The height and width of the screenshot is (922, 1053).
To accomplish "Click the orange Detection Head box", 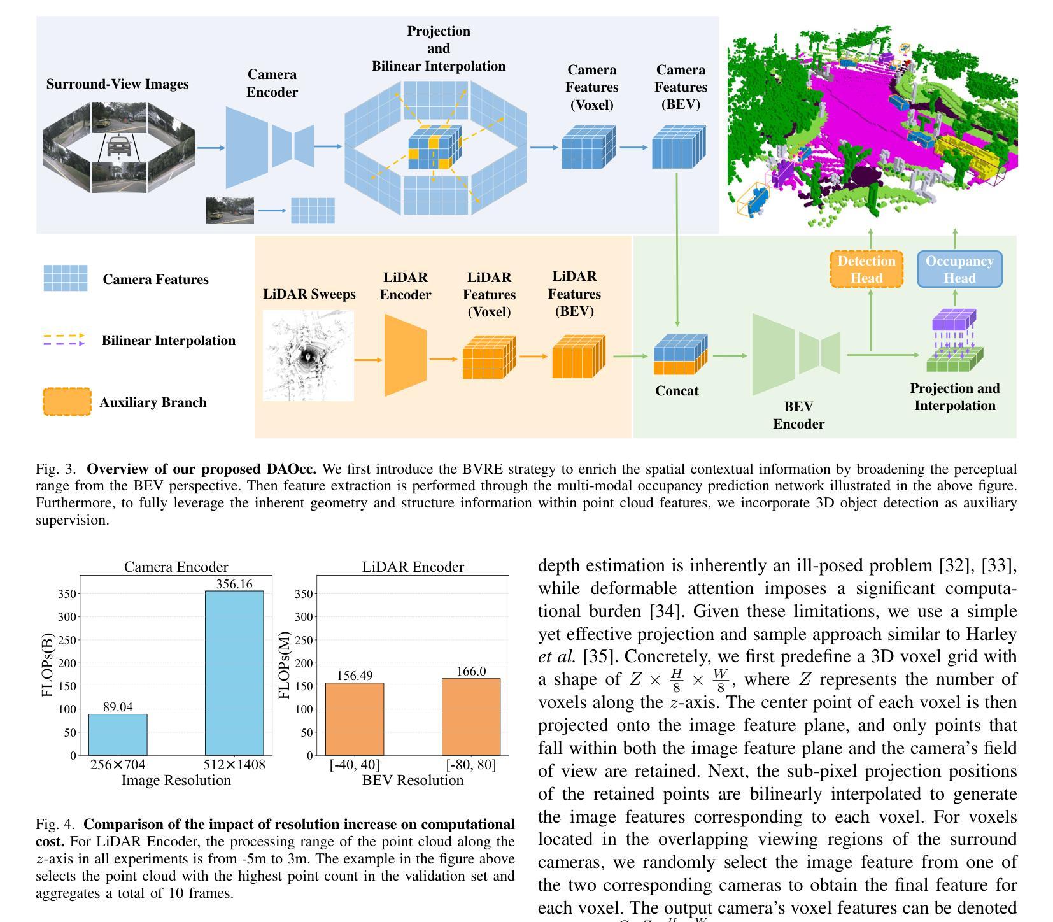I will [866, 269].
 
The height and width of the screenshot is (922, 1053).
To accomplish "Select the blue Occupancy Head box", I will [959, 269].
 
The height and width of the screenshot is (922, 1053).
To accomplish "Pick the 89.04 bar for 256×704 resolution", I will [118, 734].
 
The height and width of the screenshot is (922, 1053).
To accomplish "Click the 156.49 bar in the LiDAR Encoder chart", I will [355, 719].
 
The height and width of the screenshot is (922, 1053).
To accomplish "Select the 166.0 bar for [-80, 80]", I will [471, 716].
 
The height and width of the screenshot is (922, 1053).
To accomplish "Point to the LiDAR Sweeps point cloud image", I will [308, 355].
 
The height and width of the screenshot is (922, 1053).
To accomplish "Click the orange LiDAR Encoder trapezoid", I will [405, 355].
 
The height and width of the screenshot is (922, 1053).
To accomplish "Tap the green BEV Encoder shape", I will [796, 354].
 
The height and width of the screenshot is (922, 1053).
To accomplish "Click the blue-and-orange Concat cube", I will [679, 355].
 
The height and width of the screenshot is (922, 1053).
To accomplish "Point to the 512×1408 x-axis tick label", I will [234, 765].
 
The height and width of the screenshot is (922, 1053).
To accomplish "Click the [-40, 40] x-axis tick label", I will [355, 765].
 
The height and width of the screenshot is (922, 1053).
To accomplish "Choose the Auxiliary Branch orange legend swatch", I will [67, 402].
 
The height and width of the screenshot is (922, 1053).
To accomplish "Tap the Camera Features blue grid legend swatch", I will [65, 278].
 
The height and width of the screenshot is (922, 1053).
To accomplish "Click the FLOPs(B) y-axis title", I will [47, 665].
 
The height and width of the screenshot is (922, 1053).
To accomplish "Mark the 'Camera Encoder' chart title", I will [176, 567].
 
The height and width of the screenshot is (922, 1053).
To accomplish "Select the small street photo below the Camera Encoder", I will [230, 210].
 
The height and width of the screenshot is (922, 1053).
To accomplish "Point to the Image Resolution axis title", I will [176, 781].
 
